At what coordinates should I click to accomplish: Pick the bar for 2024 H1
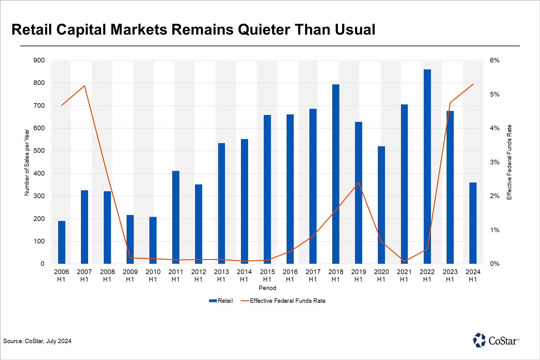(473, 223)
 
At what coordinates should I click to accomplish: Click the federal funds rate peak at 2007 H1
(84, 86)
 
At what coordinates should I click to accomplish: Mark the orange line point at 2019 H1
(358, 183)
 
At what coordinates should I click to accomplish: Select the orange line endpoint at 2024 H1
(473, 84)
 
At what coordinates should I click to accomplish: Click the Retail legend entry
(221, 301)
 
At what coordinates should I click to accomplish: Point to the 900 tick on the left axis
(39, 60)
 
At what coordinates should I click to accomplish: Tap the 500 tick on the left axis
(39, 151)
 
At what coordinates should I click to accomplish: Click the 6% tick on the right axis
(495, 60)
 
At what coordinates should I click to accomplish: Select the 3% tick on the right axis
(495, 162)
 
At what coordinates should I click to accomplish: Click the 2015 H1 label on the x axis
(267, 275)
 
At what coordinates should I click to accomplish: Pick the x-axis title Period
(267, 288)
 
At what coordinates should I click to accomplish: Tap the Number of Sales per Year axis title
(27, 162)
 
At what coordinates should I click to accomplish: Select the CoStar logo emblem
(479, 340)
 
